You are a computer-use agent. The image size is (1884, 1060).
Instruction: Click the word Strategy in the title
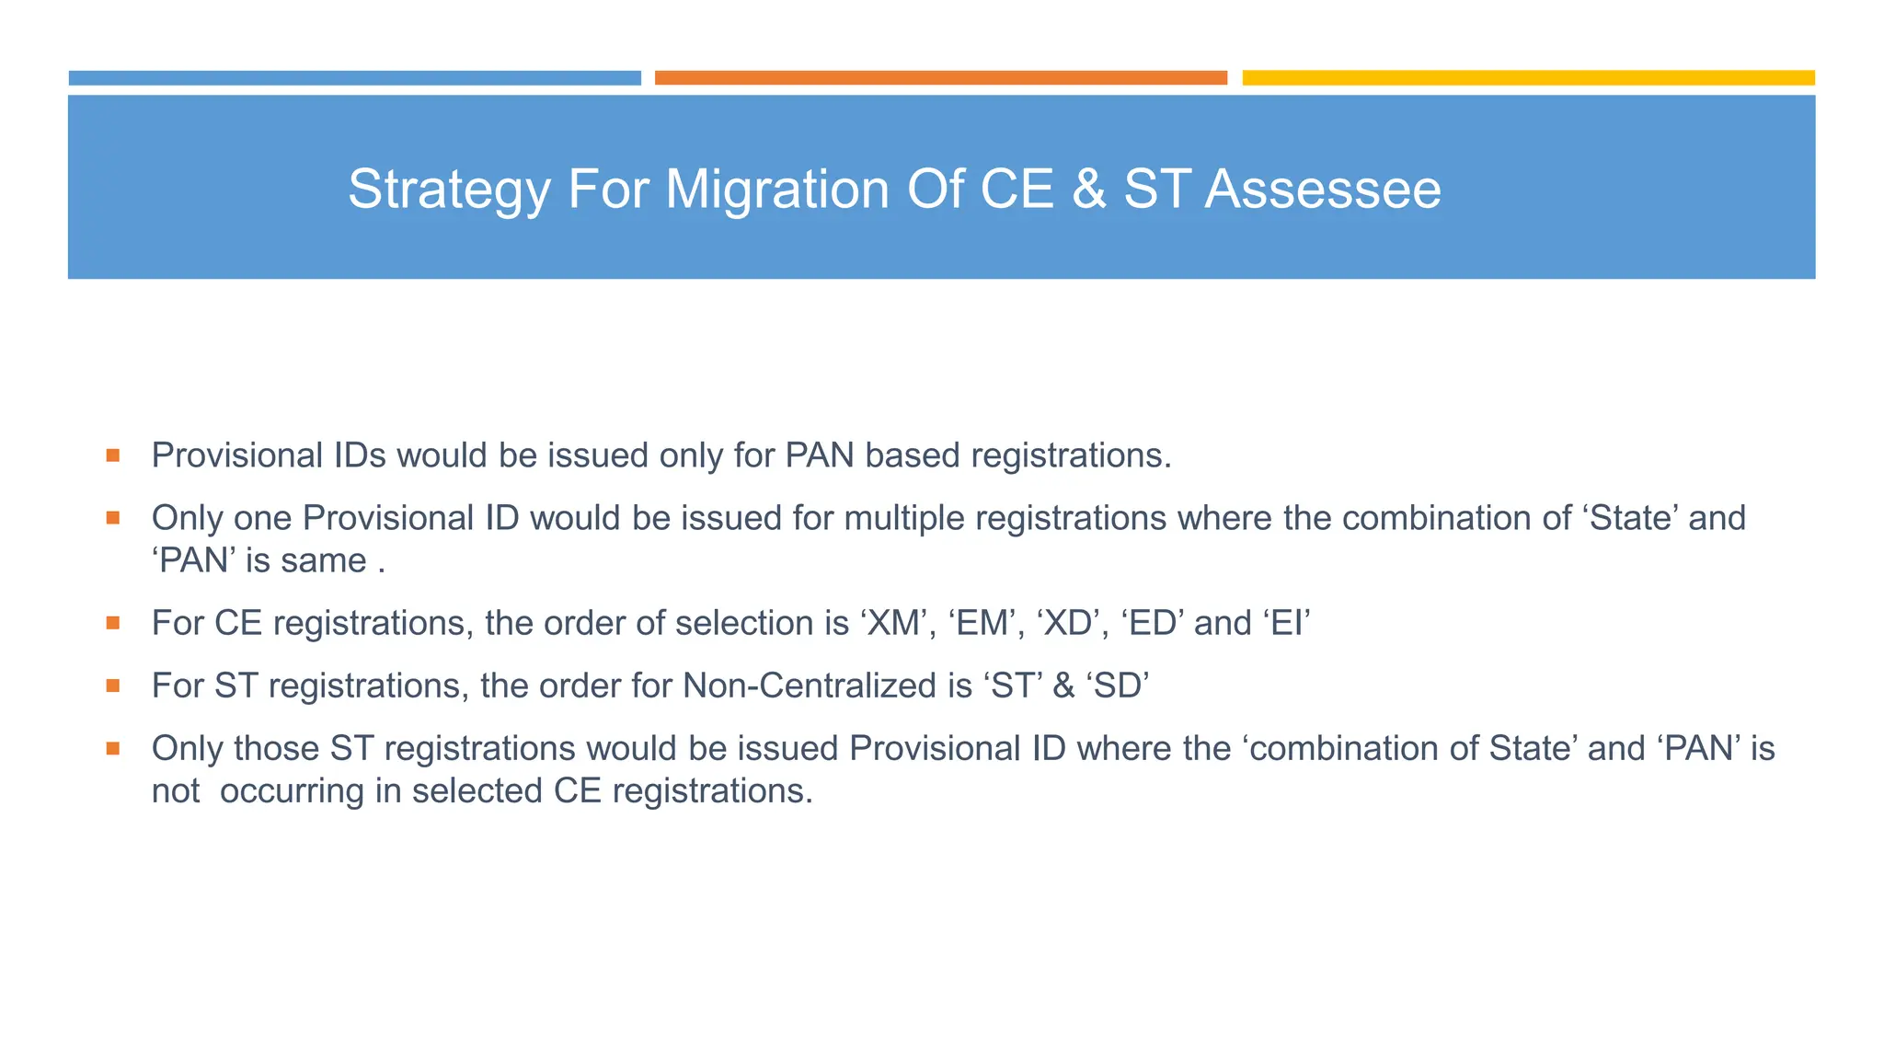click(448, 190)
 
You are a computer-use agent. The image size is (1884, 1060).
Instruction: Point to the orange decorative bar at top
click(940, 78)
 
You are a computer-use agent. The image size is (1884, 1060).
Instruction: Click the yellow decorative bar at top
click(1528, 78)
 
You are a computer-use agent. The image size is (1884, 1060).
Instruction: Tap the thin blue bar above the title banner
click(354, 78)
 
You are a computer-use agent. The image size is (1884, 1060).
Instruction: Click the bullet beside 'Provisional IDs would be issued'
click(113, 455)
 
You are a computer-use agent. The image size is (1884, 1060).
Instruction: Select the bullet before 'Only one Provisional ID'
click(113, 518)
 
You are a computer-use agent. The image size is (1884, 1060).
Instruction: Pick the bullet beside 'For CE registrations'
click(113, 623)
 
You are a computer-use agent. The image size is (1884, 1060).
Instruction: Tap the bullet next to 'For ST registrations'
click(113, 686)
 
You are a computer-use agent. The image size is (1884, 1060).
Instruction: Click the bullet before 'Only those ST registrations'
click(113, 748)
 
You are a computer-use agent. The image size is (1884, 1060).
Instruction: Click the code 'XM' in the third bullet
click(894, 624)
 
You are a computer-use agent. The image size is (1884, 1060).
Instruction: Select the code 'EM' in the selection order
click(983, 624)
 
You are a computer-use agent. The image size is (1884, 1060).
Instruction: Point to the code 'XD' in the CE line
click(1068, 624)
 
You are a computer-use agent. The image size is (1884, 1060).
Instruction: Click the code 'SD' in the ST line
click(1119, 686)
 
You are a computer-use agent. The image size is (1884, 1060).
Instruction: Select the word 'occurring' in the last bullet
click(292, 791)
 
